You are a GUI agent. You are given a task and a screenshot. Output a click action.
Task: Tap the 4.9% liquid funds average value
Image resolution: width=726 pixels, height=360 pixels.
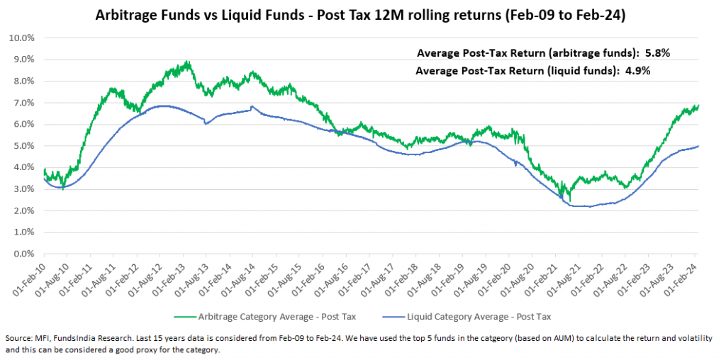(636, 71)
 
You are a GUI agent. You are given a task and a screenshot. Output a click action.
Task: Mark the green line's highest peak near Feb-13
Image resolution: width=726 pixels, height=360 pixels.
(186, 62)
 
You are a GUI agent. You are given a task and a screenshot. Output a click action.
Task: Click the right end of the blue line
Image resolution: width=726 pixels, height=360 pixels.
(698, 146)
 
